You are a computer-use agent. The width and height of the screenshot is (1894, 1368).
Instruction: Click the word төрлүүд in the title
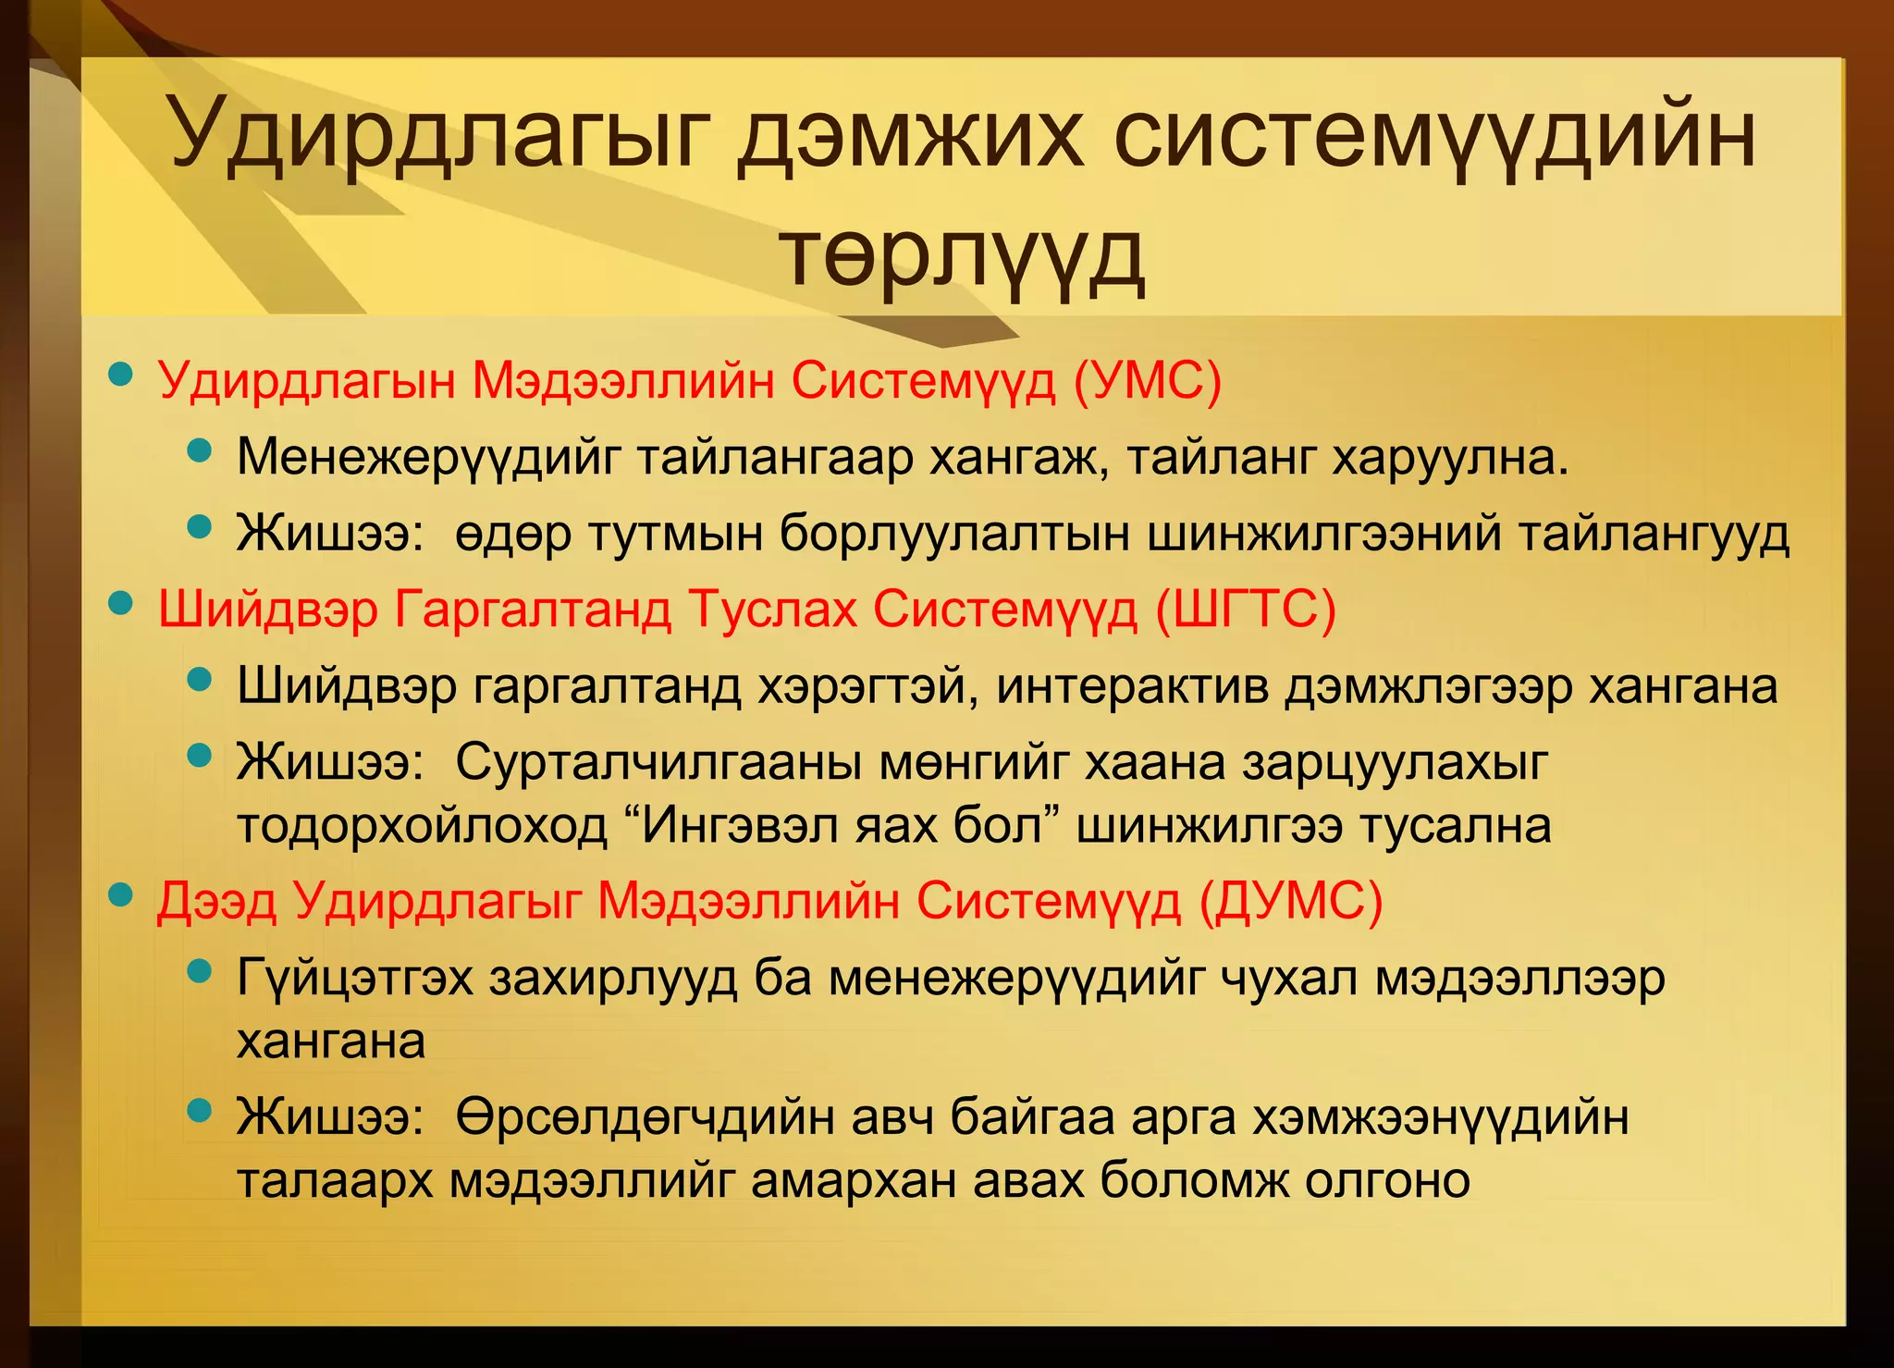(x=962, y=255)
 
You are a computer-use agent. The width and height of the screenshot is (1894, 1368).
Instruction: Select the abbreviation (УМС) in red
(x=1147, y=379)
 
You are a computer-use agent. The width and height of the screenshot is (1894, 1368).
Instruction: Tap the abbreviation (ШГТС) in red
(x=1246, y=609)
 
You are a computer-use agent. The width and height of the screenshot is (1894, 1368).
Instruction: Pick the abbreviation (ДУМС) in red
(x=1290, y=900)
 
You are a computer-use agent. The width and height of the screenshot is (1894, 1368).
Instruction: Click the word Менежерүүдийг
(x=426, y=457)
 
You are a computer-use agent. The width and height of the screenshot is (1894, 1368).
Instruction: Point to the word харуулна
(x=1450, y=457)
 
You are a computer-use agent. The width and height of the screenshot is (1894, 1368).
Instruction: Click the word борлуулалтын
(x=953, y=534)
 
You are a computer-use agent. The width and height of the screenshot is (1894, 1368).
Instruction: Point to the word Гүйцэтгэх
(x=355, y=978)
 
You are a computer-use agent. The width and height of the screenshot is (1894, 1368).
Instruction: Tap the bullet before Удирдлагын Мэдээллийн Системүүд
(x=120, y=375)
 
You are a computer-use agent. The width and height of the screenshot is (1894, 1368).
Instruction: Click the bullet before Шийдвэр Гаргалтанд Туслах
(x=120, y=604)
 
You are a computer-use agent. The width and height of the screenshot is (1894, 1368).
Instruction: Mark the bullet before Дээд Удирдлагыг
(x=120, y=895)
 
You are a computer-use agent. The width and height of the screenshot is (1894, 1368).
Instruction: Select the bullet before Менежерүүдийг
(x=199, y=451)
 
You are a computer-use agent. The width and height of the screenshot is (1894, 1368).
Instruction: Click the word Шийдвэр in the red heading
(x=268, y=609)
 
